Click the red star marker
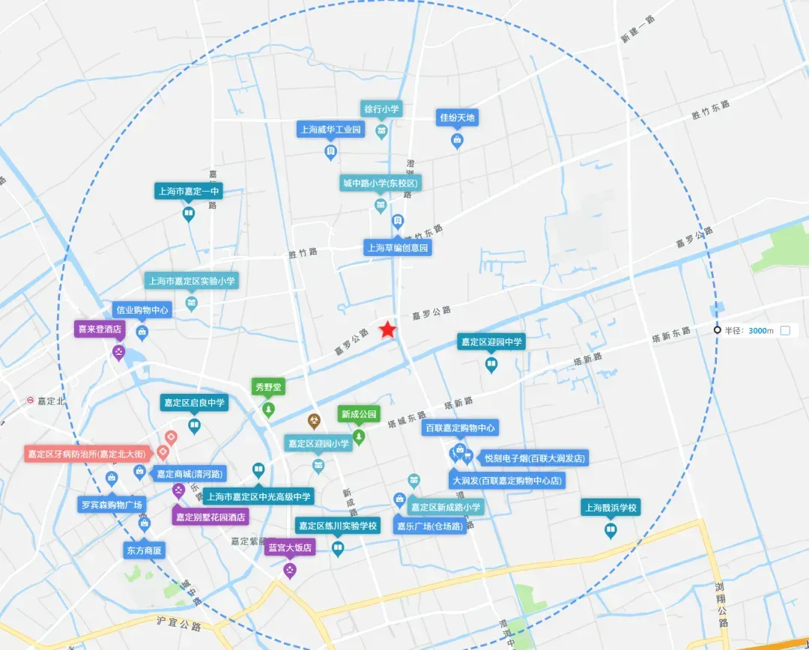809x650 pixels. tap(387, 329)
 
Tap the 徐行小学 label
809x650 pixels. tap(381, 109)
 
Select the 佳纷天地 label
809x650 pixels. tap(457, 118)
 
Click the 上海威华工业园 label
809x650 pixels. tap(330, 130)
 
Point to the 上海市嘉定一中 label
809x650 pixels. tap(189, 191)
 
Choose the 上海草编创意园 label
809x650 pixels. tap(398, 247)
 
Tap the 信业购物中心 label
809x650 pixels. tap(142, 309)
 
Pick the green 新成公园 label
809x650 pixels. tap(359, 414)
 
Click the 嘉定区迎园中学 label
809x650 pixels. tap(492, 341)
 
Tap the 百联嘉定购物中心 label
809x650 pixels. tap(460, 428)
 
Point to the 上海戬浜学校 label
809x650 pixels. tap(611, 508)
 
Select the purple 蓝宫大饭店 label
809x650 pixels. tap(289, 548)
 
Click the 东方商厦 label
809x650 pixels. tap(145, 550)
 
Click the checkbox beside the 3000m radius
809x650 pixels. tap(785, 330)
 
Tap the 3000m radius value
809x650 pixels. tap(760, 330)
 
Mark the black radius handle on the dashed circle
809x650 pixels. tap(717, 330)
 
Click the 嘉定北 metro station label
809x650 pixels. tap(50, 401)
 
